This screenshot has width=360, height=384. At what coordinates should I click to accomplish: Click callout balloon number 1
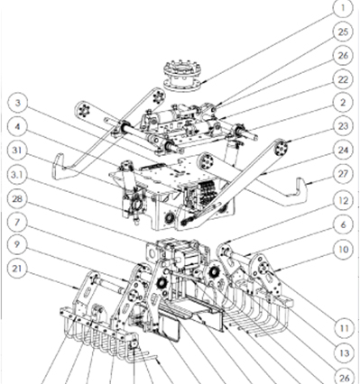[x=343, y=8]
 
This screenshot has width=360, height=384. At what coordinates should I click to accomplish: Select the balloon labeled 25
[x=343, y=32]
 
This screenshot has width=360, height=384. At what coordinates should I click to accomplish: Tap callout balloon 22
[x=343, y=79]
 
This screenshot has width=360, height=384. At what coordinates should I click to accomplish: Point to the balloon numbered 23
[x=343, y=126]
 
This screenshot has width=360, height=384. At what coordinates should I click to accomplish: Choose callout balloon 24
[x=343, y=150]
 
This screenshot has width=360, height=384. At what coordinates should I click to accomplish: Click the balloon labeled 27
[x=343, y=174]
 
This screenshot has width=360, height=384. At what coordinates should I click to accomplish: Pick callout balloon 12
[x=343, y=201]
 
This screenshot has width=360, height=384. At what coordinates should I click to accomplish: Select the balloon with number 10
[x=343, y=249]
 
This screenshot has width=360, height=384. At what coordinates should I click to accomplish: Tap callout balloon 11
[x=343, y=328]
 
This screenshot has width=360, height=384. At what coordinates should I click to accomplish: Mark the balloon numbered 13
[x=343, y=353]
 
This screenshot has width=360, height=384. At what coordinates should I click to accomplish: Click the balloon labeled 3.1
[x=17, y=175]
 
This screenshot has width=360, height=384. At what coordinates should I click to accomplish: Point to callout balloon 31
[x=17, y=151]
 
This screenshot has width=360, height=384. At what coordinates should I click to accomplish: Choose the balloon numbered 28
[x=17, y=198]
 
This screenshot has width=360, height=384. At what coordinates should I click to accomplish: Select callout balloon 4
[x=17, y=126]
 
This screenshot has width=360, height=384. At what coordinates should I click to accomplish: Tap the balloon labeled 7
[x=17, y=222]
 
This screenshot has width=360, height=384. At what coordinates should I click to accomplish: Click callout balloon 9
[x=17, y=244]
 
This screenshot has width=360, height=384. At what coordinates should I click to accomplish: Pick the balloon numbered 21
[x=17, y=268]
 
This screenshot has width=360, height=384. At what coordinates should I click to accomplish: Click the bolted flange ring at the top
[x=182, y=76]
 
